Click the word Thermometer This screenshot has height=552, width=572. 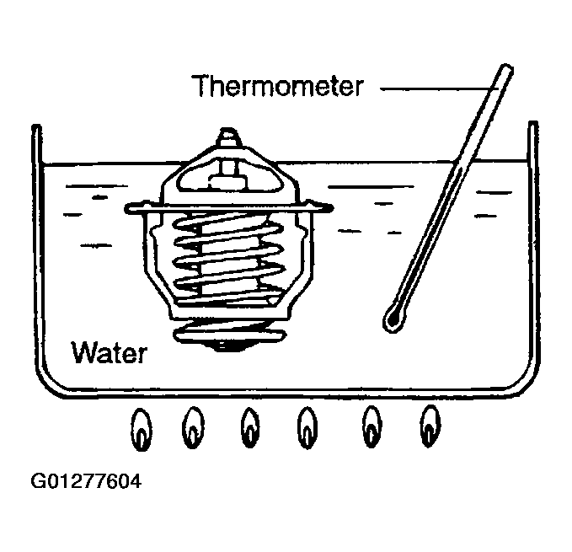277,86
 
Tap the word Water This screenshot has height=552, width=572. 110,352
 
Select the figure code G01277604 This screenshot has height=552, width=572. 86,481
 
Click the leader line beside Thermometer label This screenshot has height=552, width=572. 438,88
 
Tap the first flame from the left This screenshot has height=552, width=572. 142,430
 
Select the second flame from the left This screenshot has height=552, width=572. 193,427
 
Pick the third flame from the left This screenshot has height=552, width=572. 250,427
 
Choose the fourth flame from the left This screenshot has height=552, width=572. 307,428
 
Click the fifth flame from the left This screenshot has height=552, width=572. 372,426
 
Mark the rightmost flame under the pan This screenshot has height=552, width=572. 430,426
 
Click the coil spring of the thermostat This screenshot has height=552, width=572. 228,259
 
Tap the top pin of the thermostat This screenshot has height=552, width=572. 227,137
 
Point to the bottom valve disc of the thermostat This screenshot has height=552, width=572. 230,334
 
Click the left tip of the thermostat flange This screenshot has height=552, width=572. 126,209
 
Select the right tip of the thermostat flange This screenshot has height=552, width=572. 332,208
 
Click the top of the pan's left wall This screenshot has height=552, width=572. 36,127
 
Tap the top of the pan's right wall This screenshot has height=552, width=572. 533,124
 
